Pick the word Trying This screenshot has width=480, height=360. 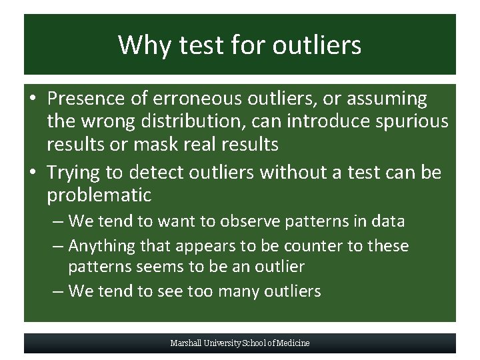coord(76,173)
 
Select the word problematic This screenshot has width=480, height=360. coord(99,195)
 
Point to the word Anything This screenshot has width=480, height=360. coord(102,246)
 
